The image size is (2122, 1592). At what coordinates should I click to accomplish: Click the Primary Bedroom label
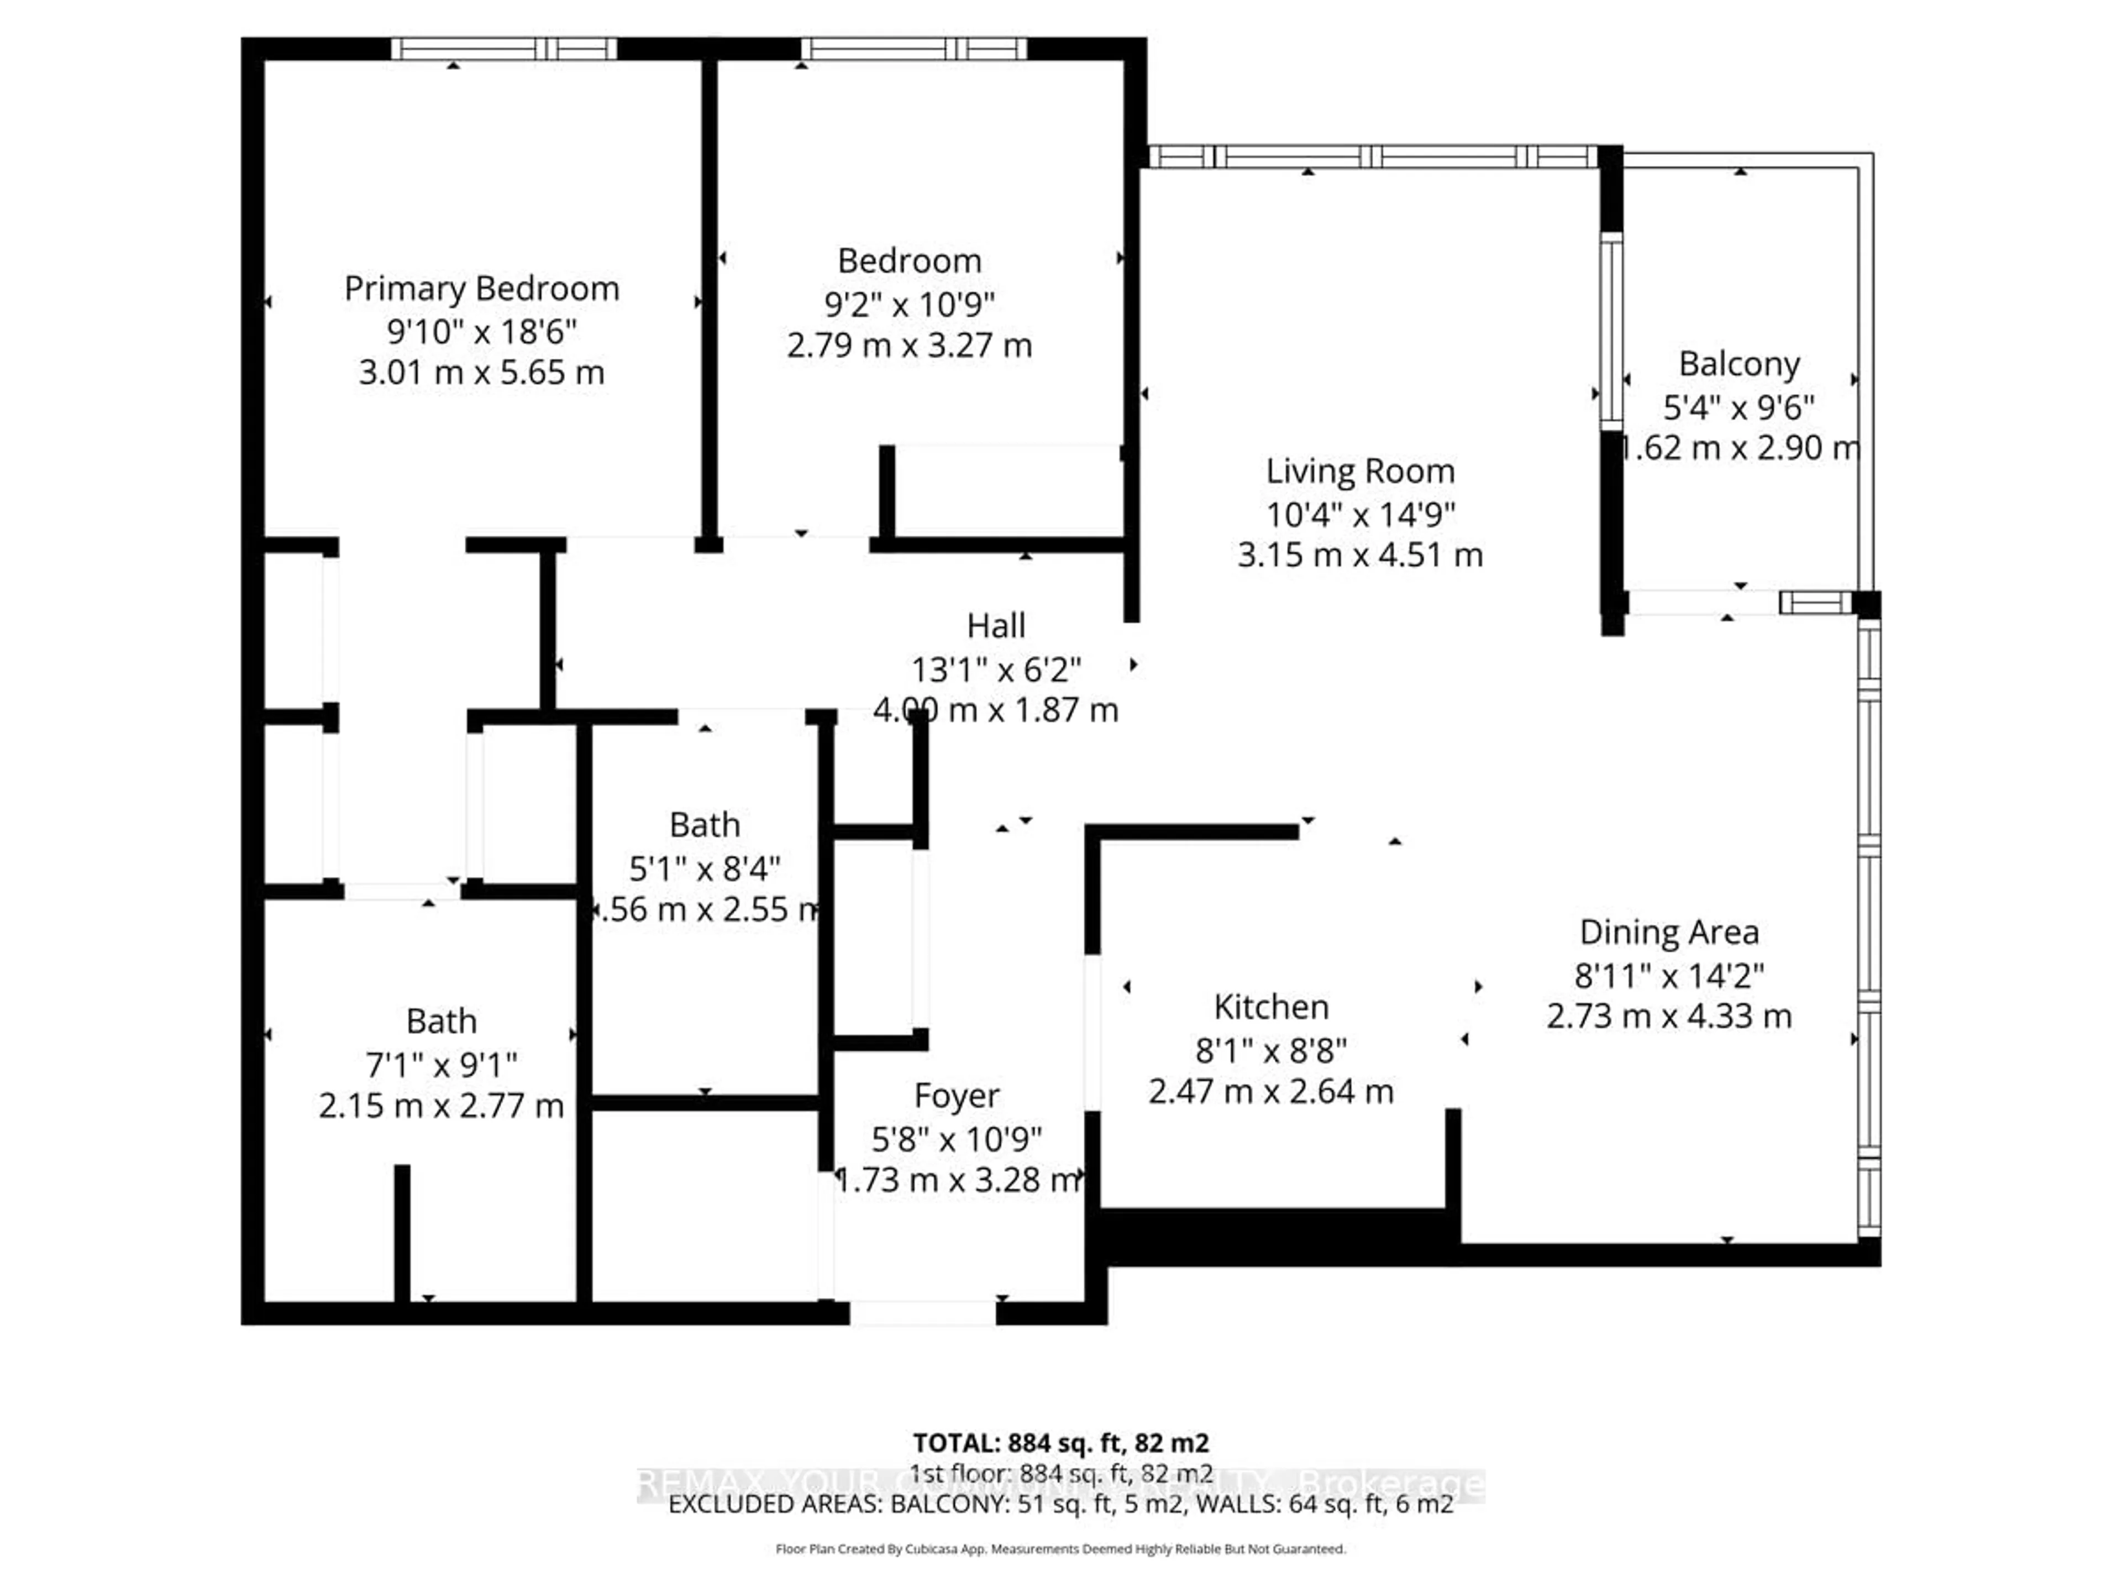pos(481,289)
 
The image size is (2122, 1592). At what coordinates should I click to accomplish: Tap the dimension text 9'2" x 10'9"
pos(910,304)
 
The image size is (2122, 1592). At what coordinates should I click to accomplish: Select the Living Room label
pos(1361,471)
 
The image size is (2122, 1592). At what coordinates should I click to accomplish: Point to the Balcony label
pos(1738,365)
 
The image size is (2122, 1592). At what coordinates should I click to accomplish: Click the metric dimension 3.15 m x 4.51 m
pos(1361,554)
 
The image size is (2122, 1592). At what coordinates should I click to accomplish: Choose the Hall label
pos(996,626)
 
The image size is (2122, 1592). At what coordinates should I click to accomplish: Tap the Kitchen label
pos(1271,1007)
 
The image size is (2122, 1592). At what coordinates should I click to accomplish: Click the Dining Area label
pos(1669,932)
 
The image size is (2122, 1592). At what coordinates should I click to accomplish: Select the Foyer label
pos(957,1096)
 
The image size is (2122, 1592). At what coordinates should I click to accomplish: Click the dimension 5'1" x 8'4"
pos(705,868)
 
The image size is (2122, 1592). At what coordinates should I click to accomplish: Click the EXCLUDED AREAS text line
pos(1060,1504)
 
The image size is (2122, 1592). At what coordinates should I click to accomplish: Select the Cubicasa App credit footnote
pos(1060,1549)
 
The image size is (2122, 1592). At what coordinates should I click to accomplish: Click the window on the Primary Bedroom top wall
pos(503,49)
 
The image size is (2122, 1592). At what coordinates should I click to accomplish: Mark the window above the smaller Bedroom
pos(913,49)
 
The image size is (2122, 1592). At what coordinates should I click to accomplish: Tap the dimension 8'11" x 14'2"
pos(1669,976)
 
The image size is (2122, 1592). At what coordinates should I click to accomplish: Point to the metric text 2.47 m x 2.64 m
pos(1271,1091)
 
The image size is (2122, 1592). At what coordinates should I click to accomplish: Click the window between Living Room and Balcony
pos(1611,331)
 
